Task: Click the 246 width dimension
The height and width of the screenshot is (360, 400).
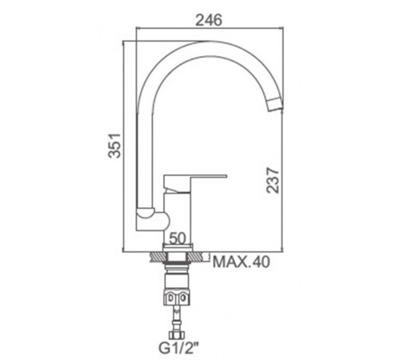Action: click(x=209, y=20)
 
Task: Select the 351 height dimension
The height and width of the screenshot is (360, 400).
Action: click(x=115, y=145)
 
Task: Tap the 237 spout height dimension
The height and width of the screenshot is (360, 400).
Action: click(x=273, y=180)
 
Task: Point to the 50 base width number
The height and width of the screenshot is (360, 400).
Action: click(x=178, y=238)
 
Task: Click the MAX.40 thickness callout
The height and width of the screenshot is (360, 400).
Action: click(x=242, y=262)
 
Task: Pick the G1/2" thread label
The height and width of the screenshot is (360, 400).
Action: click(x=178, y=348)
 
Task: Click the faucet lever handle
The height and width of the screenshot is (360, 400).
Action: click(x=195, y=183)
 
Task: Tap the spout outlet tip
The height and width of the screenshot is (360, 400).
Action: click(x=274, y=105)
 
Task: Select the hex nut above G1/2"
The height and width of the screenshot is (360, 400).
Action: click(x=175, y=335)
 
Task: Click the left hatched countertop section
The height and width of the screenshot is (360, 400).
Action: click(x=158, y=257)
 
